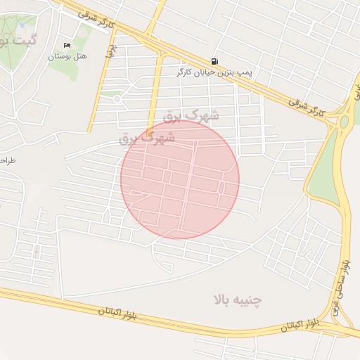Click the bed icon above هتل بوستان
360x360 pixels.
67,45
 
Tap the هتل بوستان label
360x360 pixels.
67,56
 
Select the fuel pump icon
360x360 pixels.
214,61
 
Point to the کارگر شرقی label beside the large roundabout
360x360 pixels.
308,106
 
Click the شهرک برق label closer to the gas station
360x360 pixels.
191,114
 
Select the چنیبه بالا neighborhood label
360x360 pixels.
238,300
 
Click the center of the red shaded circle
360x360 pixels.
180,179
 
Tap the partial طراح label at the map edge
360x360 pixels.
7,160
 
